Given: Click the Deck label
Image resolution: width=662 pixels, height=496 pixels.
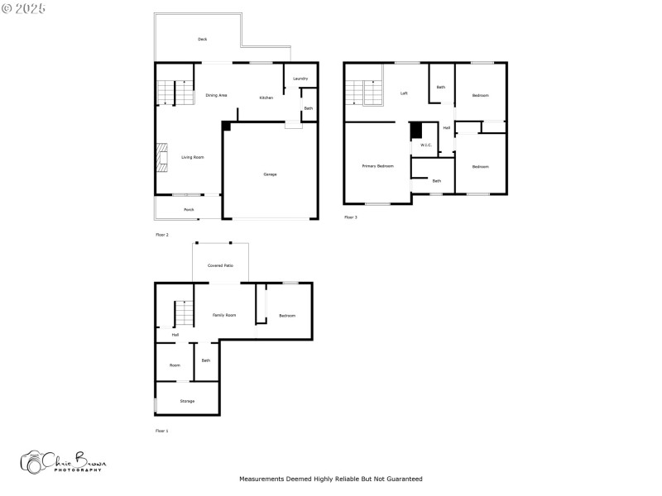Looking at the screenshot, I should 202,39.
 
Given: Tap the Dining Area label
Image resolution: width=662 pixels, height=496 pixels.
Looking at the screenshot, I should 217,96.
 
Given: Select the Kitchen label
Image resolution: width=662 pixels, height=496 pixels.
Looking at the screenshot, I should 266,98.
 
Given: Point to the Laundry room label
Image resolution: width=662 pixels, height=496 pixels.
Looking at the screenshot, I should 300,79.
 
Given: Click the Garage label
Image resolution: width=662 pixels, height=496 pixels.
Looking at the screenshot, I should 270,174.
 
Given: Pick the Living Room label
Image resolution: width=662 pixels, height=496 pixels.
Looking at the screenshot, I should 193,157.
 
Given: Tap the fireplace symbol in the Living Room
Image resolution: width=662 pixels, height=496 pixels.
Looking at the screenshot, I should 161,158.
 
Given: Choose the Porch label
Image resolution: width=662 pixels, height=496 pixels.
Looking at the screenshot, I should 189,210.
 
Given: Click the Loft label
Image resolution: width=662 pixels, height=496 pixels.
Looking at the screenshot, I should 404,93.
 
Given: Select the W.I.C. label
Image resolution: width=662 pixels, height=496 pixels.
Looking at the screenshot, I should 425,145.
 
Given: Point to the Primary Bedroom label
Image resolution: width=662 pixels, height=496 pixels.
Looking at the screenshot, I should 377,166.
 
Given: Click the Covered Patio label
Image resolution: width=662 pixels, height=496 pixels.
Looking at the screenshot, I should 220,265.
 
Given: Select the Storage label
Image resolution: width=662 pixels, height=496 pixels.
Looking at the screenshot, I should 188,401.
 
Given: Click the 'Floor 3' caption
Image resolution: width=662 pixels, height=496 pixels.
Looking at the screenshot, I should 351,217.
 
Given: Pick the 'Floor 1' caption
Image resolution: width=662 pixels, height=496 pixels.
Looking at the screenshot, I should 161,431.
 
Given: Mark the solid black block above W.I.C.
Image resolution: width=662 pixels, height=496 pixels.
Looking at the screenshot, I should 416,131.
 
